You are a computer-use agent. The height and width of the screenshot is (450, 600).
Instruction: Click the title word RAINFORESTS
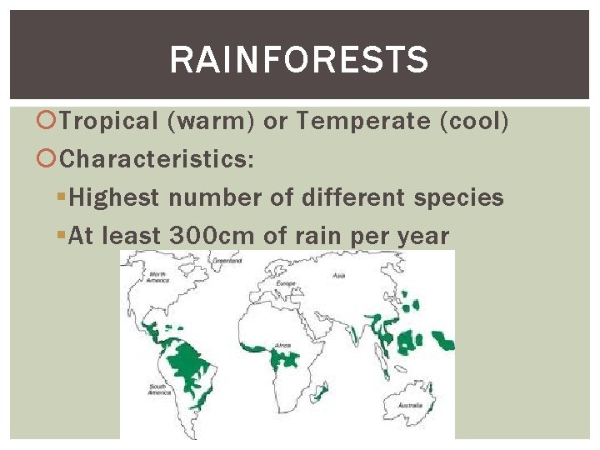299,60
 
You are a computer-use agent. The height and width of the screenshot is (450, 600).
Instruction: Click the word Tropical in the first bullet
108,122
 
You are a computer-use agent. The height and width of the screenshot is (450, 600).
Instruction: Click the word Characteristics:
157,158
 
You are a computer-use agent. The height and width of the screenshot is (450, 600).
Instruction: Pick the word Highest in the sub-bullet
114,197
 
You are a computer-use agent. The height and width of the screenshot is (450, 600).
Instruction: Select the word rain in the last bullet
320,236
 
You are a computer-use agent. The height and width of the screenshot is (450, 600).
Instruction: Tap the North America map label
157,277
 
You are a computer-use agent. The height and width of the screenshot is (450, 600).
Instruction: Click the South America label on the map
160,388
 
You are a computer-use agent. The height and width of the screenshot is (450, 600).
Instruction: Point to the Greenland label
226,261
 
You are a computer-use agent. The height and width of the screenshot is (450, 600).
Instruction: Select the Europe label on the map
286,283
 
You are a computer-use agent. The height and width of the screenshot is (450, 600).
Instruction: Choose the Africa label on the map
283,343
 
